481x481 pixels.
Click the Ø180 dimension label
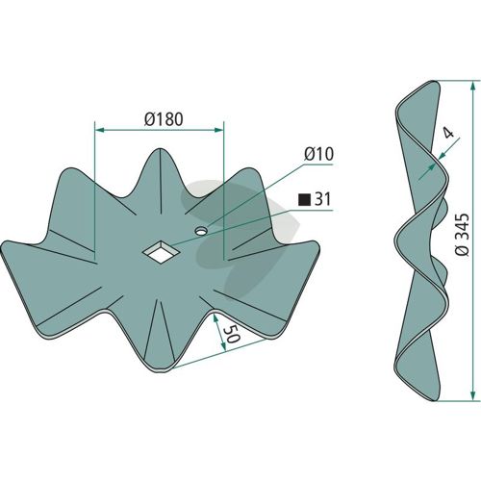tap(164, 119)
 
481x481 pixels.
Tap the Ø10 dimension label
tap(318, 154)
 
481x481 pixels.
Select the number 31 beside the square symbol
tap(322, 199)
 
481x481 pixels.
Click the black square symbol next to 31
tap(304, 200)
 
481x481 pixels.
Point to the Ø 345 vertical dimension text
tap(463, 235)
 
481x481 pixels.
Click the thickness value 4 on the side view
tap(449, 132)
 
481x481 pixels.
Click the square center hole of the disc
tap(160, 252)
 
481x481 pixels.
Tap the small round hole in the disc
tap(201, 231)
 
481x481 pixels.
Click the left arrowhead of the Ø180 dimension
tap(99, 130)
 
